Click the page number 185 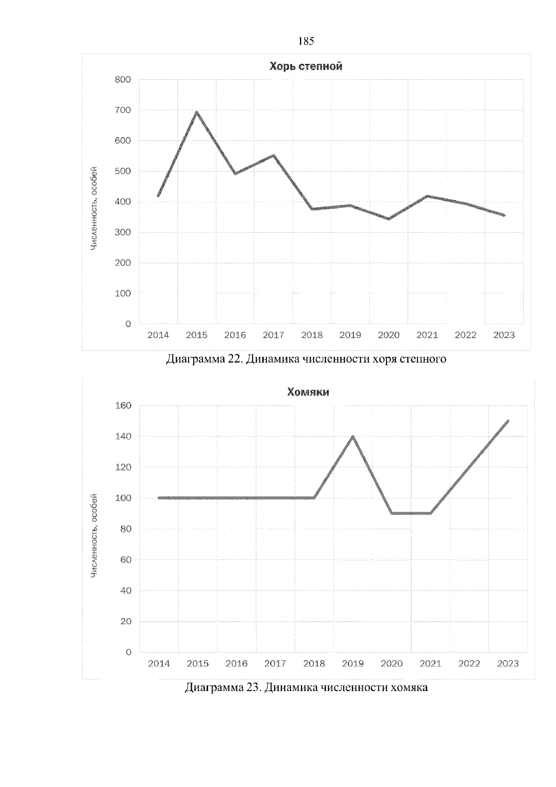click(x=306, y=42)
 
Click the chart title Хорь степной click(x=306, y=67)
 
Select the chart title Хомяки click(x=308, y=393)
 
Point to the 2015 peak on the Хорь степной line click(x=196, y=112)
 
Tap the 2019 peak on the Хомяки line click(x=353, y=437)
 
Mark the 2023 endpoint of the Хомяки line click(x=508, y=421)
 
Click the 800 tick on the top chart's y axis click(x=123, y=80)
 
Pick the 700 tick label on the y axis click(x=123, y=110)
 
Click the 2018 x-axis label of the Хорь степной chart click(x=312, y=335)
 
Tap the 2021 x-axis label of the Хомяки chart click(x=430, y=664)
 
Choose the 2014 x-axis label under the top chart click(x=158, y=335)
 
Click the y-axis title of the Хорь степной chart click(x=94, y=209)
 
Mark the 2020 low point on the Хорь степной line click(x=388, y=219)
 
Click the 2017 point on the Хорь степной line click(x=273, y=156)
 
